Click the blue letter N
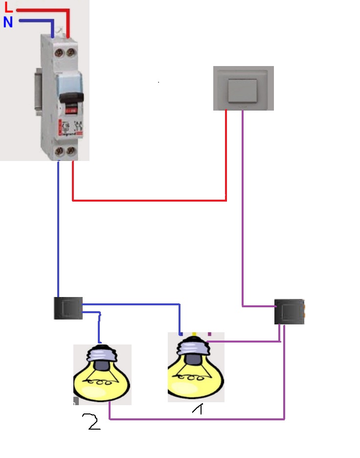click(8, 22)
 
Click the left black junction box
click(68, 308)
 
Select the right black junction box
click(289, 312)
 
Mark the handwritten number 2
click(93, 421)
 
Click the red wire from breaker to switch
click(147, 200)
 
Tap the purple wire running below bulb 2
click(196, 419)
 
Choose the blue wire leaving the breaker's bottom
click(59, 225)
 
